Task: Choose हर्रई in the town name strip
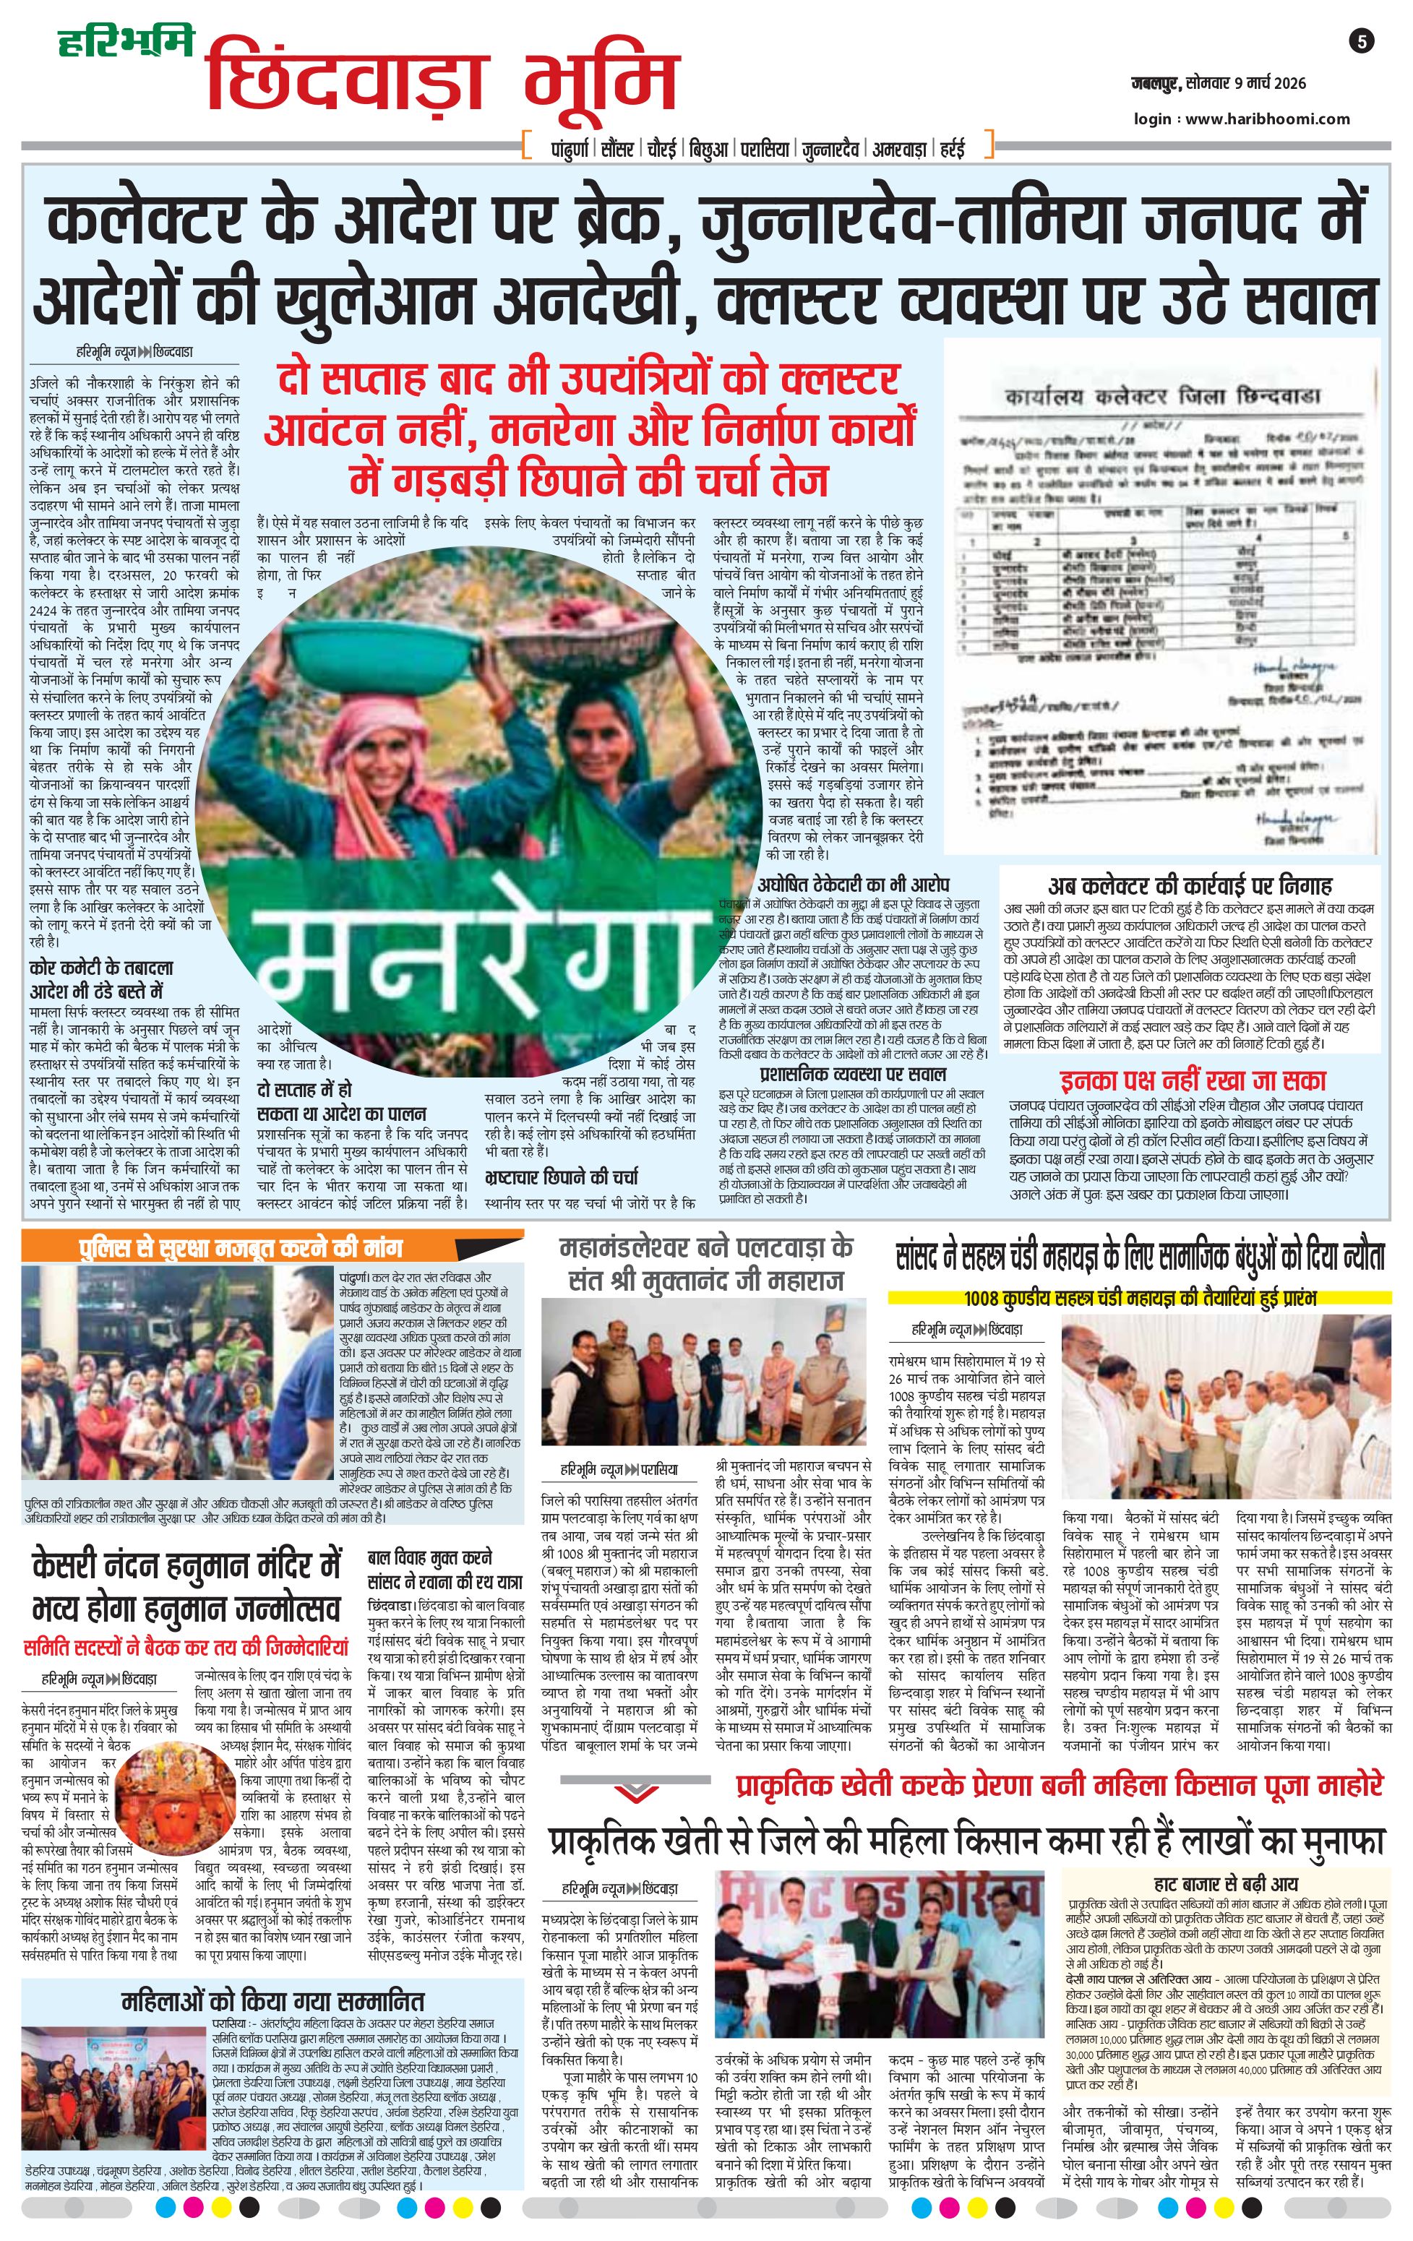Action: [951, 148]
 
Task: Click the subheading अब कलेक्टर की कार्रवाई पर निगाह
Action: [1190, 885]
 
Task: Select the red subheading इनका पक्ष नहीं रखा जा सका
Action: [1193, 1081]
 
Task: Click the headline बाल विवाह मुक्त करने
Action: [430, 1558]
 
